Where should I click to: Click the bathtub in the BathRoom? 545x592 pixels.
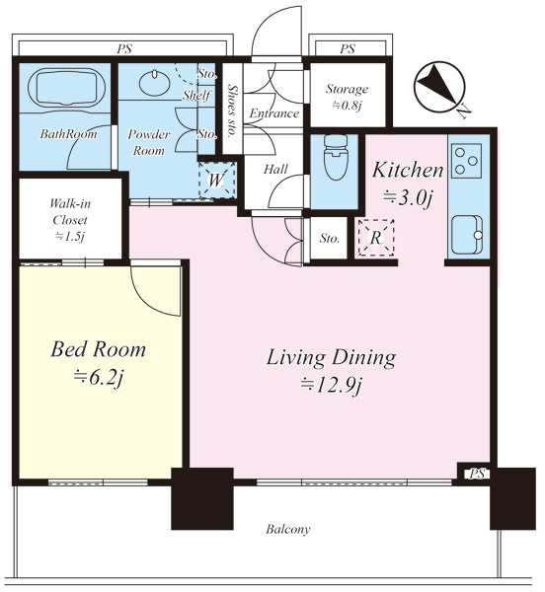[x=66, y=88]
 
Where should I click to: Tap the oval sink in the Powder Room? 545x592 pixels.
[x=154, y=82]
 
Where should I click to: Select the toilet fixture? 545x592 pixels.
[x=336, y=157]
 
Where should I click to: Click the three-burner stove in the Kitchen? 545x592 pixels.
[x=466, y=161]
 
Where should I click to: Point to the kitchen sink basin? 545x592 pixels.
[x=467, y=235]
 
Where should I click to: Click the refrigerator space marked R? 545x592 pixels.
[x=376, y=238]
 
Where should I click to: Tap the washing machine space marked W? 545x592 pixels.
[x=217, y=181]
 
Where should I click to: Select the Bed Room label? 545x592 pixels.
[x=98, y=349]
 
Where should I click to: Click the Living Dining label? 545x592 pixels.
[x=331, y=357]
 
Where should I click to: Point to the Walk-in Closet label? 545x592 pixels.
[x=70, y=212]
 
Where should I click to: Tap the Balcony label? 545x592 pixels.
[x=287, y=529]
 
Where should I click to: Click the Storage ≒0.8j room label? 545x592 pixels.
[x=347, y=97]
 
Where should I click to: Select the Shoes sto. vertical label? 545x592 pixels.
[x=231, y=111]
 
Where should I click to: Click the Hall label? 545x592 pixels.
[x=275, y=169]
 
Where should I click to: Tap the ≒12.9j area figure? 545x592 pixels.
[x=331, y=385]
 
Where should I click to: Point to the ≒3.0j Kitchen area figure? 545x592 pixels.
[x=407, y=197]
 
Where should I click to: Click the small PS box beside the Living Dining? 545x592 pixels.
[x=477, y=474]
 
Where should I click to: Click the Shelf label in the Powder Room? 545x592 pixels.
[x=196, y=95]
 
